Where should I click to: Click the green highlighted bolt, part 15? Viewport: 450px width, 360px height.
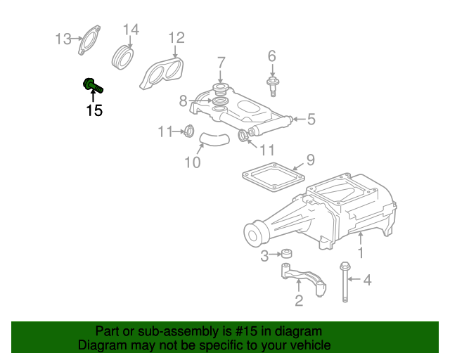(x=92, y=85)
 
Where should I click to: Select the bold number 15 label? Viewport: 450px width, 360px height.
(x=94, y=110)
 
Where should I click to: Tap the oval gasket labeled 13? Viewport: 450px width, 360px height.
(x=89, y=40)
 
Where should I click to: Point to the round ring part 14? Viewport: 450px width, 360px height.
(x=123, y=57)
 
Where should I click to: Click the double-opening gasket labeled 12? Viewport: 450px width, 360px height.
(x=161, y=74)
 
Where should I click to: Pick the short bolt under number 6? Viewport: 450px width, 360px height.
(x=272, y=86)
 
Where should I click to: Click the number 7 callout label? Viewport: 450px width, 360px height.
(x=221, y=63)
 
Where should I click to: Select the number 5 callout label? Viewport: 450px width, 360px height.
(x=311, y=119)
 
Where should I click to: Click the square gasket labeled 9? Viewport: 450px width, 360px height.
(x=274, y=177)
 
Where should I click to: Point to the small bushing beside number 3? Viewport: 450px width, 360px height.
(x=287, y=254)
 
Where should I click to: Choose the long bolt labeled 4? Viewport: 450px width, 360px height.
(x=345, y=282)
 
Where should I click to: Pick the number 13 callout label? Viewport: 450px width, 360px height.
(x=63, y=39)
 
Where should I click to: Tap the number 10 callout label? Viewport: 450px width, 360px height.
(x=192, y=162)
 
